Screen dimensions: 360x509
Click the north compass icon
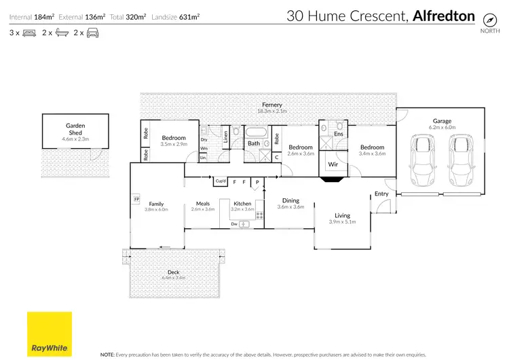click(487, 18)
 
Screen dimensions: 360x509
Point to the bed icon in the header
click(29, 32)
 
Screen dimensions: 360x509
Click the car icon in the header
click(92, 32)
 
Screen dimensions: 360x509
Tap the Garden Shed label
click(75, 129)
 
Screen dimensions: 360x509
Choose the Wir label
click(333, 164)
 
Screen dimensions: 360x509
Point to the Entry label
click(381, 194)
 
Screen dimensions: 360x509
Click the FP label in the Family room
click(136, 199)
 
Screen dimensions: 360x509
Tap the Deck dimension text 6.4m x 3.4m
click(174, 278)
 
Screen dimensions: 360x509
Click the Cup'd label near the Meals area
click(220, 181)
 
